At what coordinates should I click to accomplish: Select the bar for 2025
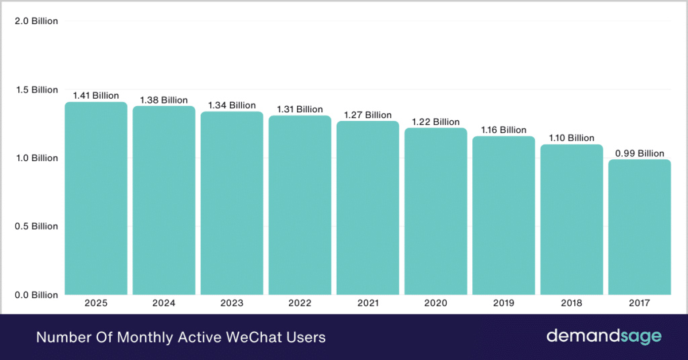[x=96, y=198]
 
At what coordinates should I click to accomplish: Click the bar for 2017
[x=639, y=227]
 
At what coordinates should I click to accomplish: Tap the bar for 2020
[x=435, y=211]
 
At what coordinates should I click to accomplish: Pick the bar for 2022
[x=300, y=205]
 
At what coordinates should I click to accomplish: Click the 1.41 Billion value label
[x=96, y=95]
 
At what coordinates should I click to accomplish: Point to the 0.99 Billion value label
[x=639, y=153]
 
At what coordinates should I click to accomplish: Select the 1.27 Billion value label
[x=368, y=115]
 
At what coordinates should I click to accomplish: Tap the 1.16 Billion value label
[x=503, y=130]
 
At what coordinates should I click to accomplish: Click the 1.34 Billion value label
[x=232, y=105]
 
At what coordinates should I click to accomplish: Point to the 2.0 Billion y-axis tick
[x=36, y=21]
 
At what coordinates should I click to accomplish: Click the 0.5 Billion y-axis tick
[x=36, y=226]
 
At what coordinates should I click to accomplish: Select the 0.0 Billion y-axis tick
[x=36, y=295]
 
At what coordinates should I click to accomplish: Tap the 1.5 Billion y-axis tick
[x=36, y=89]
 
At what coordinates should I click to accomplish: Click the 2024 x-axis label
[x=164, y=304]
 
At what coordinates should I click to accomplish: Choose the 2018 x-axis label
[x=571, y=304]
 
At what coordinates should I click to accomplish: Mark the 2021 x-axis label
[x=368, y=304]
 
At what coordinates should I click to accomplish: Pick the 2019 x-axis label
[x=503, y=304]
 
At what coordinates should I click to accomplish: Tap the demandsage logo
[x=603, y=336]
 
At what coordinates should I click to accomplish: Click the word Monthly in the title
[x=136, y=337]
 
